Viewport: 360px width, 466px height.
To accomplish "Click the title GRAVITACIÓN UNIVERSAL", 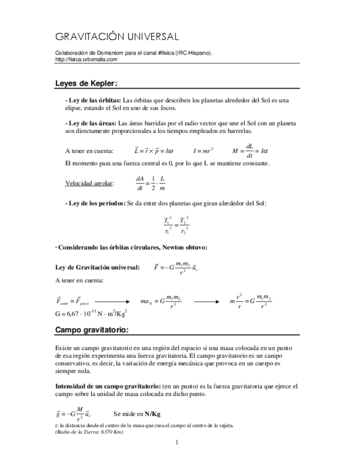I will coord(117,37).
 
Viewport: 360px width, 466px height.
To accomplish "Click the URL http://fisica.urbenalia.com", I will coord(86,59).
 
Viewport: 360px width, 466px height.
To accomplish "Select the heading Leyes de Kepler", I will coord(86,84).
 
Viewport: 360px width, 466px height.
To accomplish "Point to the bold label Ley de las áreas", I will coord(90,124).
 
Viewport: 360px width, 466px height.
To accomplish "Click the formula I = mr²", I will coord(203,150).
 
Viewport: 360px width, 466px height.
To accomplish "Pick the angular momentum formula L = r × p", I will coord(153,150).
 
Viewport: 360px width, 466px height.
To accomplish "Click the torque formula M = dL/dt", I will coord(250,150).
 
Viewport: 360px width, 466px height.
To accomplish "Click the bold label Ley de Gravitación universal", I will coord(97,267).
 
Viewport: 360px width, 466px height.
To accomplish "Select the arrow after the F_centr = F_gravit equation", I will coord(112,301).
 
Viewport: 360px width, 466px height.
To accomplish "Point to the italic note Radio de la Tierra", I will coord(89,432).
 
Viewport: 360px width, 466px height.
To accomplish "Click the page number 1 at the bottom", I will coord(177,442).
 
